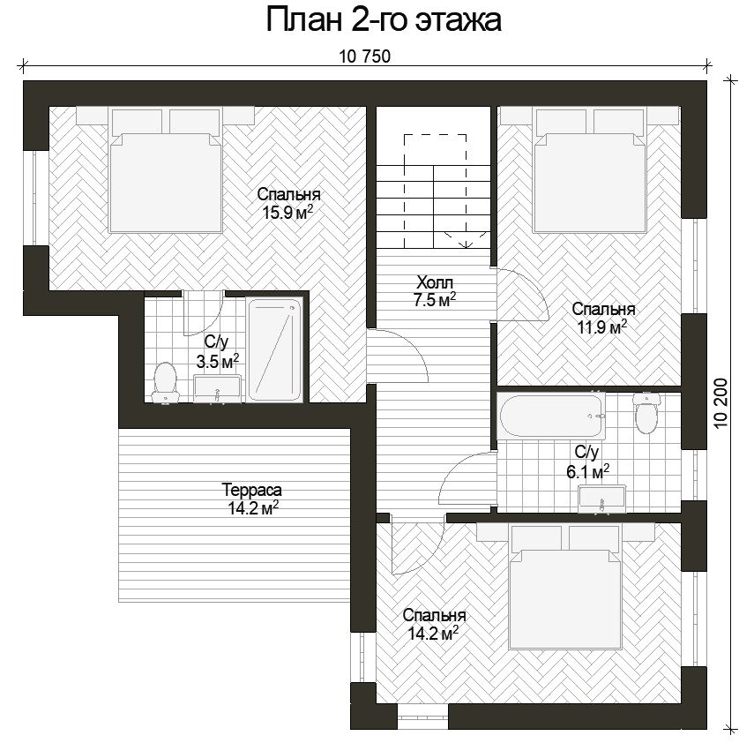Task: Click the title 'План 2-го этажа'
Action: click(x=384, y=20)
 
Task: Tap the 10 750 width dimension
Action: click(x=364, y=56)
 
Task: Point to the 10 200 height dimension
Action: click(x=720, y=403)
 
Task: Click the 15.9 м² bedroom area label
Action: click(x=288, y=203)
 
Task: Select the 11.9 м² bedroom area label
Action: click(x=603, y=318)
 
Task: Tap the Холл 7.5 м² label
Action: click(x=435, y=290)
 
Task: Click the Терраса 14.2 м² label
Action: click(x=252, y=499)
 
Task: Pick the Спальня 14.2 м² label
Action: click(x=434, y=624)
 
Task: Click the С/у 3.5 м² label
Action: click(x=217, y=351)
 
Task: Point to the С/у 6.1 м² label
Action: click(x=587, y=462)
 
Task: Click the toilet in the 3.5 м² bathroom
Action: click(x=165, y=382)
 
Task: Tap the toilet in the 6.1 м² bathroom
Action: click(x=646, y=412)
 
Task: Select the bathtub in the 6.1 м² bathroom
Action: click(x=550, y=417)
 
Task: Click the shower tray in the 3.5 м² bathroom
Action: click(x=274, y=349)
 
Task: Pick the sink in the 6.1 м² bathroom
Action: click(x=601, y=499)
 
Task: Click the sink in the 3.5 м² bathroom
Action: click(x=217, y=388)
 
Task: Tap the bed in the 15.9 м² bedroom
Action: click(x=166, y=170)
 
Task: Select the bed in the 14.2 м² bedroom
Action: click(x=565, y=586)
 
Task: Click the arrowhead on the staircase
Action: click(x=466, y=244)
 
